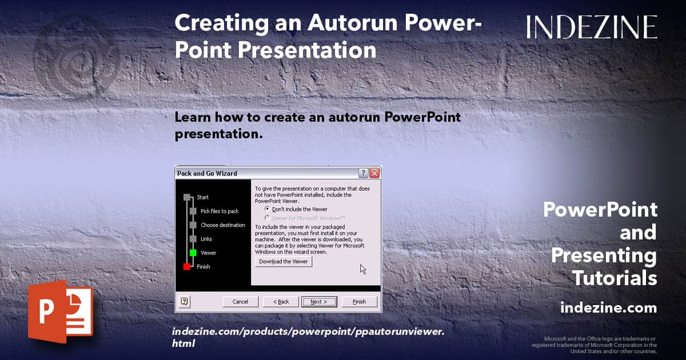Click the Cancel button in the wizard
point(241,302)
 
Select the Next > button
point(319,302)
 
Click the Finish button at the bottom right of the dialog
point(359,302)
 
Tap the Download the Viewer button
point(284,262)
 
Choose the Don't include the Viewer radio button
point(268,209)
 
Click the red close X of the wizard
point(374,173)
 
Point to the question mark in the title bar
point(363,173)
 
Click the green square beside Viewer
point(193,253)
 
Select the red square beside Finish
point(186,267)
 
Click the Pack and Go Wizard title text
point(207,173)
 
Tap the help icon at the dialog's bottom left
point(184,302)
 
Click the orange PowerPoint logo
point(61,311)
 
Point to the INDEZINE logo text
point(592,27)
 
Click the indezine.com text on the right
point(608,307)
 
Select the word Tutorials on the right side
point(615,278)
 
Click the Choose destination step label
point(223,225)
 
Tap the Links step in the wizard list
point(206,239)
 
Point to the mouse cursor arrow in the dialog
point(363,269)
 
